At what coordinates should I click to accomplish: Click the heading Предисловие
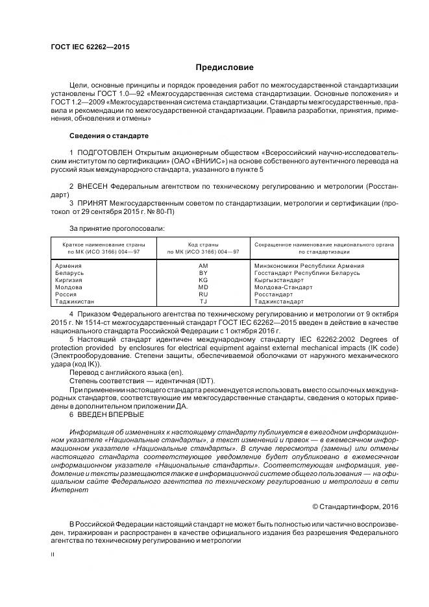225,67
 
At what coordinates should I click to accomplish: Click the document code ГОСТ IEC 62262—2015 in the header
90,47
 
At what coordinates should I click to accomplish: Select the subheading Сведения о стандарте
109,136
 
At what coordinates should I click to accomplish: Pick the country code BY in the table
203,272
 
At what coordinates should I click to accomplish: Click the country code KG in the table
203,280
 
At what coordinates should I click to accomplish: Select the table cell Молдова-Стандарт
282,287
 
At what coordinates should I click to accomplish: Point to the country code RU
203,294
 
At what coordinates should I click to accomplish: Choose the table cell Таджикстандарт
278,301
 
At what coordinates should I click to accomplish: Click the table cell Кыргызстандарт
279,280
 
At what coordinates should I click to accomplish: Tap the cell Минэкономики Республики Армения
309,265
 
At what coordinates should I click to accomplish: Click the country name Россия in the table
67,294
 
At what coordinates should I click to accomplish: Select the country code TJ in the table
203,301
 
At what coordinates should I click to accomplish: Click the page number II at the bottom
54,554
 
